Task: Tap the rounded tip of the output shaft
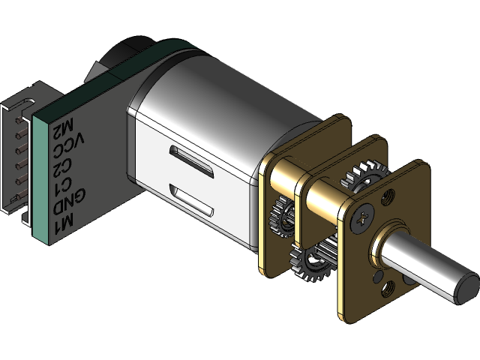[x=466, y=285]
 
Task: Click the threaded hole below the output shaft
[x=389, y=285]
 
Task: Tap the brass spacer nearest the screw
[x=326, y=199]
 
